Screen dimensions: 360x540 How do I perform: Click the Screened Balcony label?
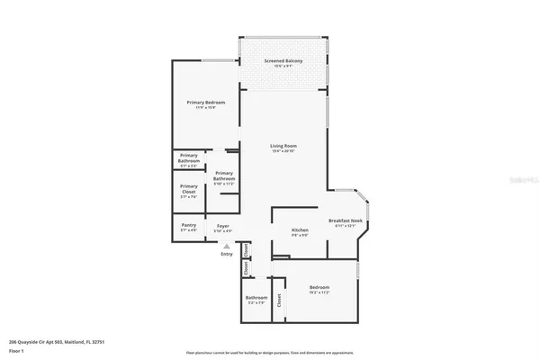point(283,60)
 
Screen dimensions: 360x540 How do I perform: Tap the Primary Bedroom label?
point(206,103)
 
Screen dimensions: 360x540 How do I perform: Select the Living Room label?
point(284,145)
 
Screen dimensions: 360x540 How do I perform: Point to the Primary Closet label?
point(189,188)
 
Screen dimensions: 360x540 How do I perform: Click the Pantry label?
point(189,225)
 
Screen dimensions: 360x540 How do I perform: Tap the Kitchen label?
point(300,230)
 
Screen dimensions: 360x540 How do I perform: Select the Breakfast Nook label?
point(346,220)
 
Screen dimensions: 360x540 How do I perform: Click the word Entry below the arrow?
point(226,254)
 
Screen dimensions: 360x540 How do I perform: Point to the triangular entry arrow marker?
point(226,245)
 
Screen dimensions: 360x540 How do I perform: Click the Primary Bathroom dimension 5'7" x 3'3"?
point(189,166)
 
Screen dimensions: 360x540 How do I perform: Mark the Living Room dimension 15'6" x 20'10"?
point(284,151)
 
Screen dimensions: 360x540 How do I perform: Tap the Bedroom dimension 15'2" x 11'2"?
point(320,292)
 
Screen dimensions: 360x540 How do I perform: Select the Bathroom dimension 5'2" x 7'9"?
point(256,303)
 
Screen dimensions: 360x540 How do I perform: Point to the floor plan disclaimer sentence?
point(269,352)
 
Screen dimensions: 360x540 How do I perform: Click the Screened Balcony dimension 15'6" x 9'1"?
point(283,67)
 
